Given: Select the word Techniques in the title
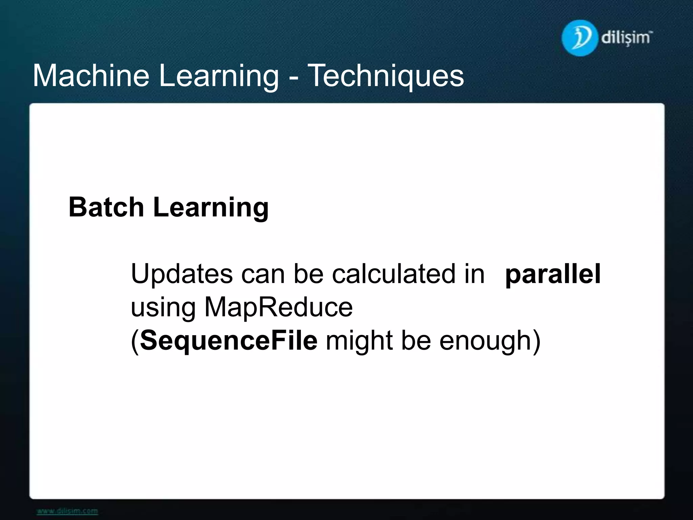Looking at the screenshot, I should click(x=386, y=77).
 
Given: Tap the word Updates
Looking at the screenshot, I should click(x=181, y=274).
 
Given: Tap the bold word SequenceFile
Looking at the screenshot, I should click(x=229, y=341).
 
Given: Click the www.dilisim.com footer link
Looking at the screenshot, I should click(x=67, y=511).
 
